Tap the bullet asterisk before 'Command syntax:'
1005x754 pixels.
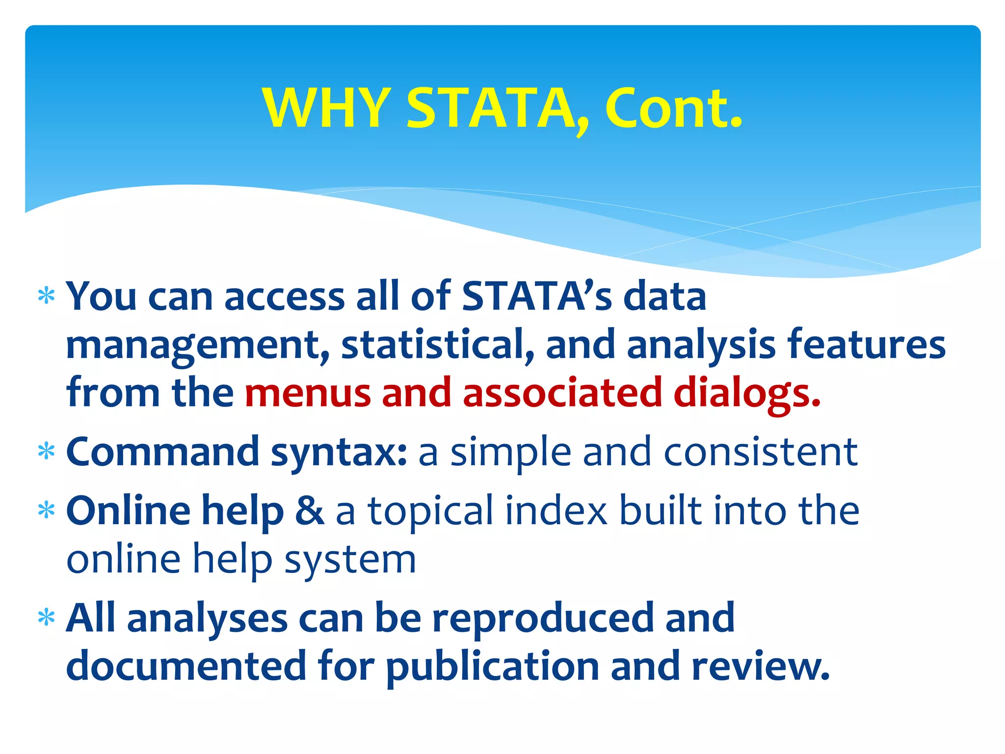(x=46, y=452)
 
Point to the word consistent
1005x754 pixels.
(x=761, y=452)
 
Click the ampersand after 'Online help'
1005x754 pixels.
(x=309, y=511)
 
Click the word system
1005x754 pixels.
(x=350, y=560)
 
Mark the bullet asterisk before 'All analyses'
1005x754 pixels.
(x=46, y=618)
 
